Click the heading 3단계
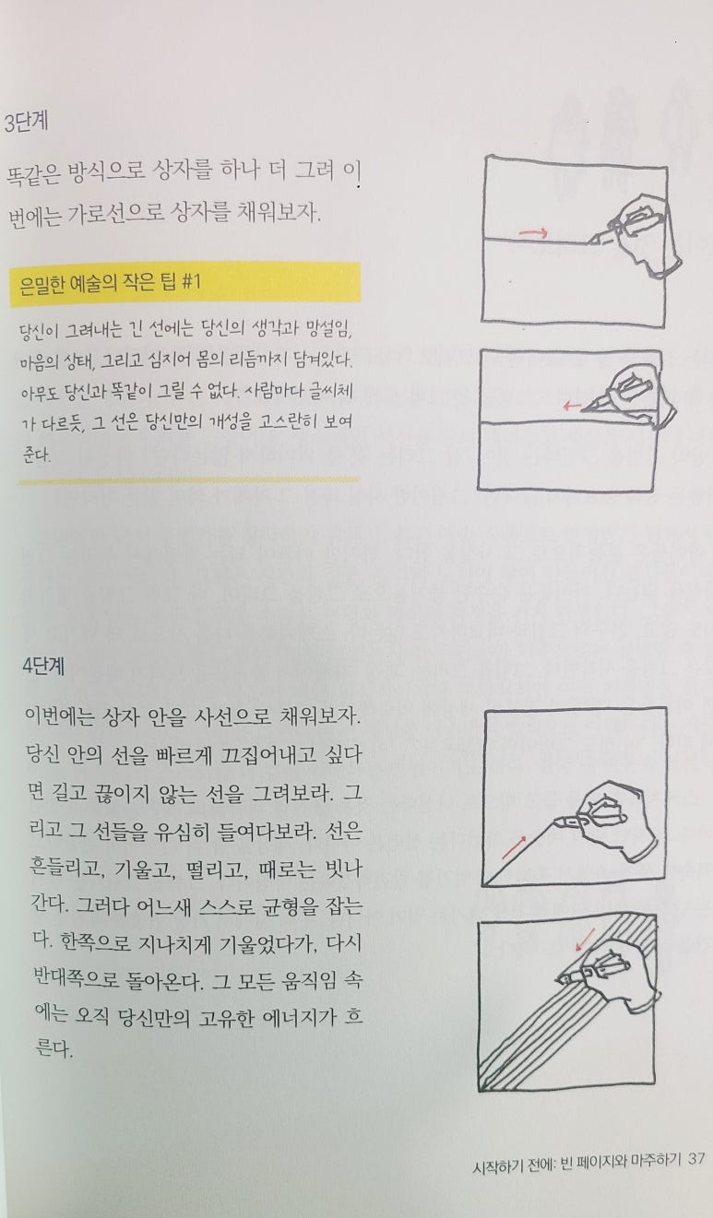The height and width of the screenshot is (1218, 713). point(26,122)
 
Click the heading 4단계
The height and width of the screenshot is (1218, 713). point(44,666)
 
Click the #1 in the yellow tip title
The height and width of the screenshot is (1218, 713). point(190,281)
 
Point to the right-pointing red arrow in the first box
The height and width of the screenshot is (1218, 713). point(533,233)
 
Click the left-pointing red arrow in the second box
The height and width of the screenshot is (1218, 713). point(572,406)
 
